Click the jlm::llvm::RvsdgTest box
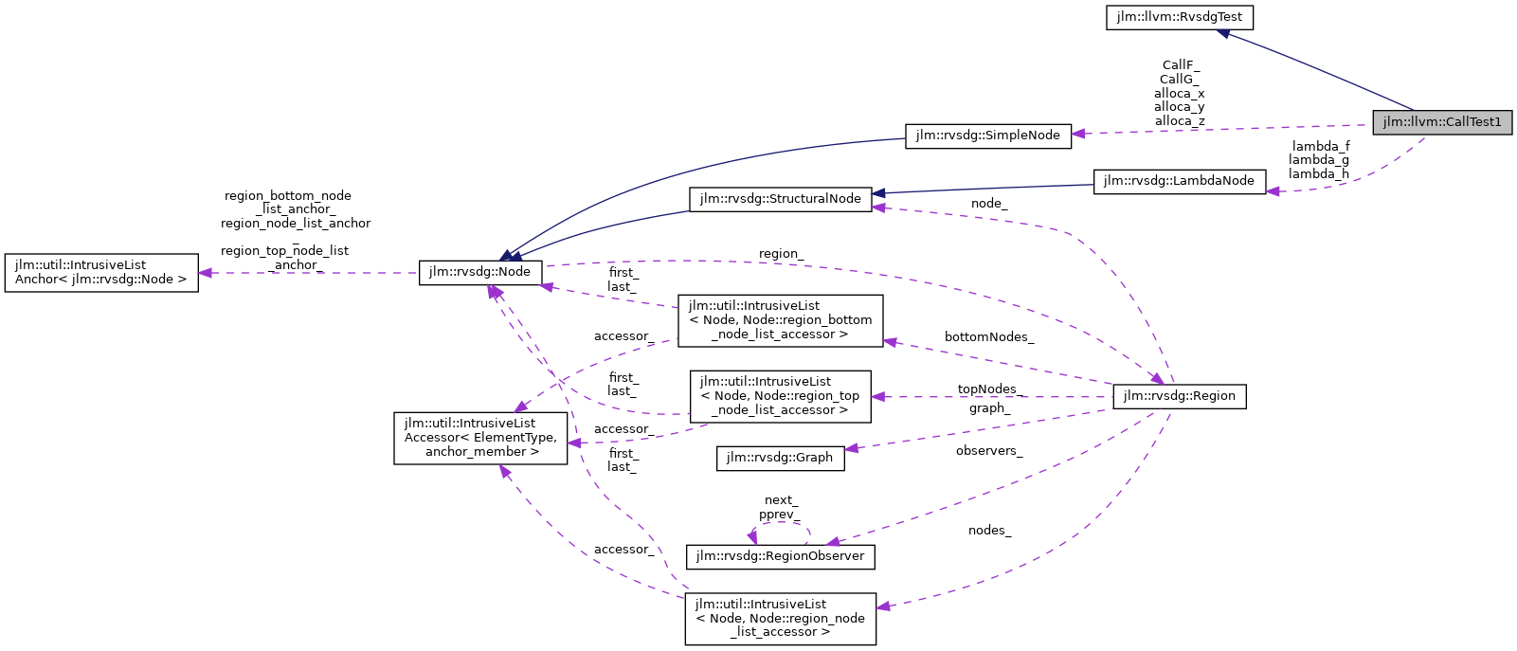tap(1180, 17)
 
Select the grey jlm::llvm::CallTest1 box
tap(1442, 122)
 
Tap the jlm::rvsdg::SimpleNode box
tap(987, 136)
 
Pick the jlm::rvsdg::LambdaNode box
tap(1179, 181)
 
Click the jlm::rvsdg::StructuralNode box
tap(780, 199)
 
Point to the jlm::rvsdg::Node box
tap(480, 272)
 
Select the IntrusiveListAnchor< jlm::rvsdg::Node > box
tap(101, 273)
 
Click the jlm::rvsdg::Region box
tap(1179, 396)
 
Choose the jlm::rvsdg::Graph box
tap(780, 458)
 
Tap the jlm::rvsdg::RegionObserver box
tap(780, 556)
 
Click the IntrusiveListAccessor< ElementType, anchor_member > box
tap(481, 438)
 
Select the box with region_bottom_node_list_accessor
tap(780, 320)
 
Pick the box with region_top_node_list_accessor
tap(780, 396)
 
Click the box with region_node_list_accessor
tap(780, 619)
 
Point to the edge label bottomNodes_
tap(988, 337)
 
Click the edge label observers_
tap(988, 451)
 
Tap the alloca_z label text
tap(1179, 121)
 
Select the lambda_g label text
tap(1318, 160)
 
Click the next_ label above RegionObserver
tap(781, 500)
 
